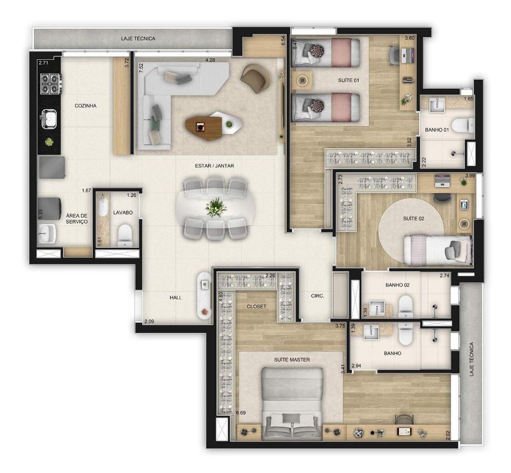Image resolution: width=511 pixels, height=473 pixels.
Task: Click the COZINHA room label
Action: click(x=86, y=106)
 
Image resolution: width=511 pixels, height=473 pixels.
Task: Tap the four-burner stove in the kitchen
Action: click(x=51, y=84)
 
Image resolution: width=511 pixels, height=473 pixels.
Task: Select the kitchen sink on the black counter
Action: click(x=49, y=119)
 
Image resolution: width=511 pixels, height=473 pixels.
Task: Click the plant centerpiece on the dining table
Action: click(x=216, y=207)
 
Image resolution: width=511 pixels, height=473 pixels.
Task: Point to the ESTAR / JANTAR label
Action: click(x=214, y=166)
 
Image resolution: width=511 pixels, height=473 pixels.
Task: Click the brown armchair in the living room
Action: click(x=255, y=78)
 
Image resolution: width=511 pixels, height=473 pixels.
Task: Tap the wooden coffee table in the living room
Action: click(x=204, y=128)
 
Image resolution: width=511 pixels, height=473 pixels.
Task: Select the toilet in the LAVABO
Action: click(x=124, y=235)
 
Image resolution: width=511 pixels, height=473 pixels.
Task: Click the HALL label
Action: click(x=175, y=298)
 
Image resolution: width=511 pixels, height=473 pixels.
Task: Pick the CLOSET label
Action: click(x=256, y=307)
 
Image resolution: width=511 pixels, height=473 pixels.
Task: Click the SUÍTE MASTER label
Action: click(x=292, y=360)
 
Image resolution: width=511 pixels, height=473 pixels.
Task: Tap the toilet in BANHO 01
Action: click(x=463, y=125)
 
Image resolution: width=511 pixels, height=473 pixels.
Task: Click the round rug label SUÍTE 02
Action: click(x=413, y=218)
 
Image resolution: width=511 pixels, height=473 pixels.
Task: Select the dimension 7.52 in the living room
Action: click(x=141, y=68)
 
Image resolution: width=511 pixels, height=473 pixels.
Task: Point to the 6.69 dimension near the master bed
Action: click(x=241, y=413)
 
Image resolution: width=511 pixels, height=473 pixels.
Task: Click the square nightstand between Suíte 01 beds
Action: click(x=302, y=81)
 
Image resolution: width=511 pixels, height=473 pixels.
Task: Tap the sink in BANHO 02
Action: click(x=377, y=308)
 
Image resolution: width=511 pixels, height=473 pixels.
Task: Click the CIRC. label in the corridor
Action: click(x=318, y=296)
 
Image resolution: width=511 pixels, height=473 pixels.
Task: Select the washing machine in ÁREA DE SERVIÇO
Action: click(x=50, y=208)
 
